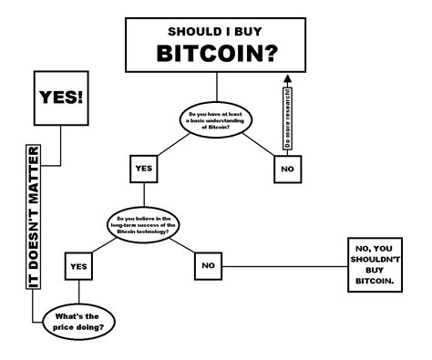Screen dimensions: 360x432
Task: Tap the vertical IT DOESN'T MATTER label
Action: pos(34,215)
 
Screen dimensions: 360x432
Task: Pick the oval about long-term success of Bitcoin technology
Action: pos(147,222)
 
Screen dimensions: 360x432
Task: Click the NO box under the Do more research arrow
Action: pos(287,169)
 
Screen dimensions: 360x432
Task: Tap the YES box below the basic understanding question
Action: pos(143,169)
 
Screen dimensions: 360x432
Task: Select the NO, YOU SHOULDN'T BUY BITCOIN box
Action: pos(375,266)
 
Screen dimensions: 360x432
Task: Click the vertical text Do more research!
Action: pos(288,118)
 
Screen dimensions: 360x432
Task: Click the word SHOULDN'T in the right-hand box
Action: pos(375,259)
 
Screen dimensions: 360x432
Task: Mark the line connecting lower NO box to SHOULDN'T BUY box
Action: pos(283,266)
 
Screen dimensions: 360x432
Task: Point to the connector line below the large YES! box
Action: pos(62,146)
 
